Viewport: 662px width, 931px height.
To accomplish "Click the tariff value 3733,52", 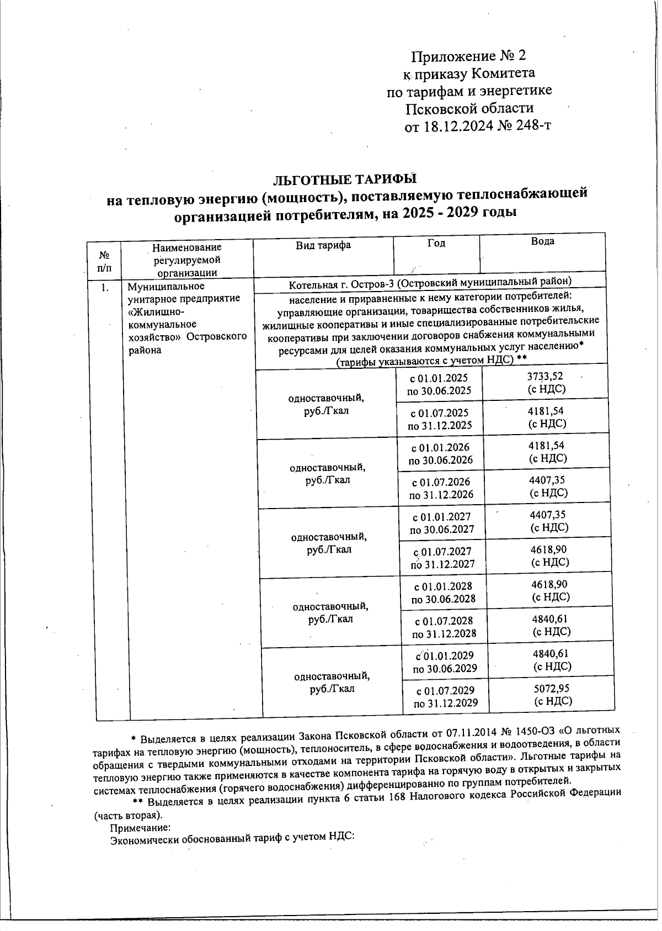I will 545,376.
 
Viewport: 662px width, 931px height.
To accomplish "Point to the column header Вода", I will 542,241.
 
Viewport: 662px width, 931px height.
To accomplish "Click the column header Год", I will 436,243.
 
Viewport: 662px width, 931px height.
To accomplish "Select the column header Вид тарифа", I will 323,245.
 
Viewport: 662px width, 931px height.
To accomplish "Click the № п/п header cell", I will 103,261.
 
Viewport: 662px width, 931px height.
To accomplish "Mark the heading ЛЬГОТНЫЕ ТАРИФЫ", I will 345,180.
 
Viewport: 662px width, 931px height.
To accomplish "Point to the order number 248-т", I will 533,126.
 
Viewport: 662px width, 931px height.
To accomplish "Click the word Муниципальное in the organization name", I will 166,286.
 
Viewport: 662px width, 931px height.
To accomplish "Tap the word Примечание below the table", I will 140,828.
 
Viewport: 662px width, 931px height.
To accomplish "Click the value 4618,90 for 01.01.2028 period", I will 549,584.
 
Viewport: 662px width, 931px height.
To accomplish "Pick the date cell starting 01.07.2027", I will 442,557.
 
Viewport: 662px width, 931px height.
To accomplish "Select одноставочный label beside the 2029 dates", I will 332,676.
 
